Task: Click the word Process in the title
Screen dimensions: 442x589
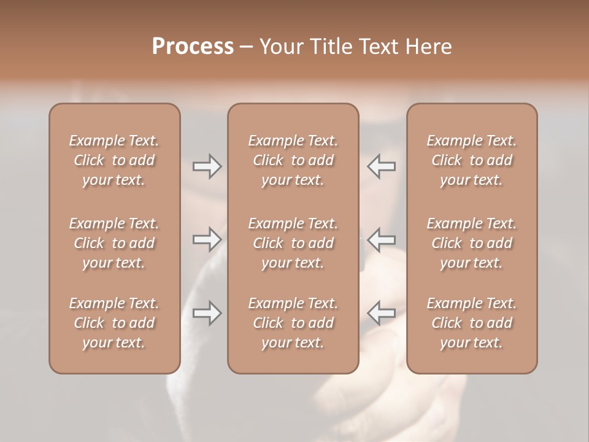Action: pos(193,47)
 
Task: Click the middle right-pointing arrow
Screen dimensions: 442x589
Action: pos(207,239)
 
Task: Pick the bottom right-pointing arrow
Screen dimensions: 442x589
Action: pos(207,313)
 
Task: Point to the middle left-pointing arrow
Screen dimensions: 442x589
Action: pos(382,239)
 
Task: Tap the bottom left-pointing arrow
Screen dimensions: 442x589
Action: pos(382,313)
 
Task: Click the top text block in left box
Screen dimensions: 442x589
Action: pos(114,160)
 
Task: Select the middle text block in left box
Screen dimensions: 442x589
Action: pos(114,243)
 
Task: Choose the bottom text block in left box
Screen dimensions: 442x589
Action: pos(114,323)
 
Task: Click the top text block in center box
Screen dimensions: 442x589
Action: pos(293,160)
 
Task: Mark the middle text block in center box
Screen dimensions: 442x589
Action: pos(293,243)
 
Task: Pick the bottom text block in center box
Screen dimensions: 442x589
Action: pos(293,323)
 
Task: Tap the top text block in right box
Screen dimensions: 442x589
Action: pos(471,160)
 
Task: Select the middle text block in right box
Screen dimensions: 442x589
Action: pos(471,243)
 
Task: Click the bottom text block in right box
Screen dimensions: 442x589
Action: pos(471,323)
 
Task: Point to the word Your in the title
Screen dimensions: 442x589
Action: pos(280,47)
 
